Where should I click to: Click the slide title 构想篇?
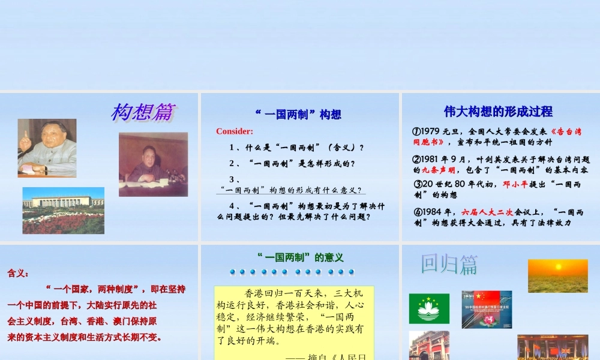[142, 112]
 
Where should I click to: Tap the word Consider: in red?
[235, 131]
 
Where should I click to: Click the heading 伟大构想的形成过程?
[498, 111]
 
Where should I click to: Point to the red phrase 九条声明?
[430, 170]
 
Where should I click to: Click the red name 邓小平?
[515, 185]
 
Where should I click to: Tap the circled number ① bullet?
[416, 131]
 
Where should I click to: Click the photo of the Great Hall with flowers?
[64, 210]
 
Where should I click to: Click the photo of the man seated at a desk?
[153, 164]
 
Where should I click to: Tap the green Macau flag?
[429, 308]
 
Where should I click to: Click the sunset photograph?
[557, 275]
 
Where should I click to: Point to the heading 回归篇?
[449, 264]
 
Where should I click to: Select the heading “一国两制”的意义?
[300, 257]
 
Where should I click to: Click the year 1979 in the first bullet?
[431, 131]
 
